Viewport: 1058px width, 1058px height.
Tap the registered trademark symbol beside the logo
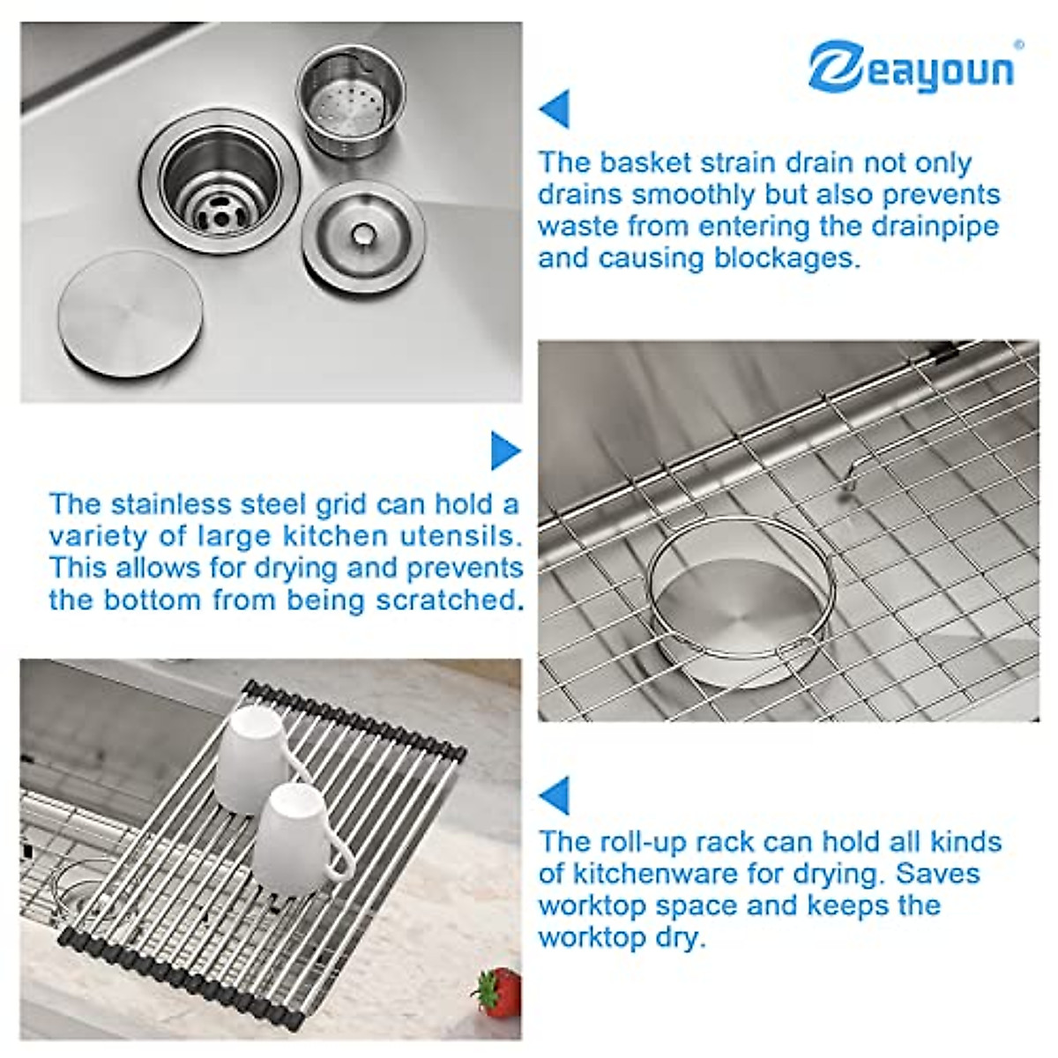click(1019, 44)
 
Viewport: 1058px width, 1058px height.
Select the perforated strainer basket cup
click(350, 102)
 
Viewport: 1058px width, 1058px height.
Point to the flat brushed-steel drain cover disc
click(130, 313)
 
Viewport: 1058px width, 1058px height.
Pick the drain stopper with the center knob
click(363, 235)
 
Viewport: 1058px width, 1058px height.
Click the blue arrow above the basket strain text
click(555, 109)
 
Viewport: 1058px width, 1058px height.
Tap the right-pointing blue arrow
click(505, 451)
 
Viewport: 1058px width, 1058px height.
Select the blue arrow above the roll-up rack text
click(555, 795)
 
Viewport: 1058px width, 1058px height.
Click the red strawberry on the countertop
click(499, 991)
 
